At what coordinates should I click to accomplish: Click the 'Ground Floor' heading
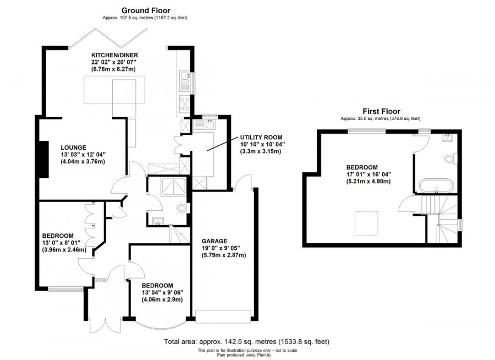[x=146, y=10]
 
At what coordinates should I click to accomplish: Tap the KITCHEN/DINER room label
[x=114, y=55]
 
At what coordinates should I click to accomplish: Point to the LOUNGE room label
[x=73, y=147]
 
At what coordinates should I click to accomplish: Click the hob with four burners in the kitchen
[x=185, y=102]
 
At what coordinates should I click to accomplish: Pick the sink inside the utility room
[x=208, y=124]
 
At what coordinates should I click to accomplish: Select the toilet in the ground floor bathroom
[x=184, y=208]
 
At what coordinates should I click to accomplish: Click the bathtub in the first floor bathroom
[x=437, y=186]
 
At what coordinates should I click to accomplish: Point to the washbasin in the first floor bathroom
[x=447, y=137]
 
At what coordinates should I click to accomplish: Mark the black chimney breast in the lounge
[x=42, y=159]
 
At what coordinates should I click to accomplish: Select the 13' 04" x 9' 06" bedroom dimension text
[x=162, y=292]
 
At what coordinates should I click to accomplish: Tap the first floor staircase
[x=440, y=220]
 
